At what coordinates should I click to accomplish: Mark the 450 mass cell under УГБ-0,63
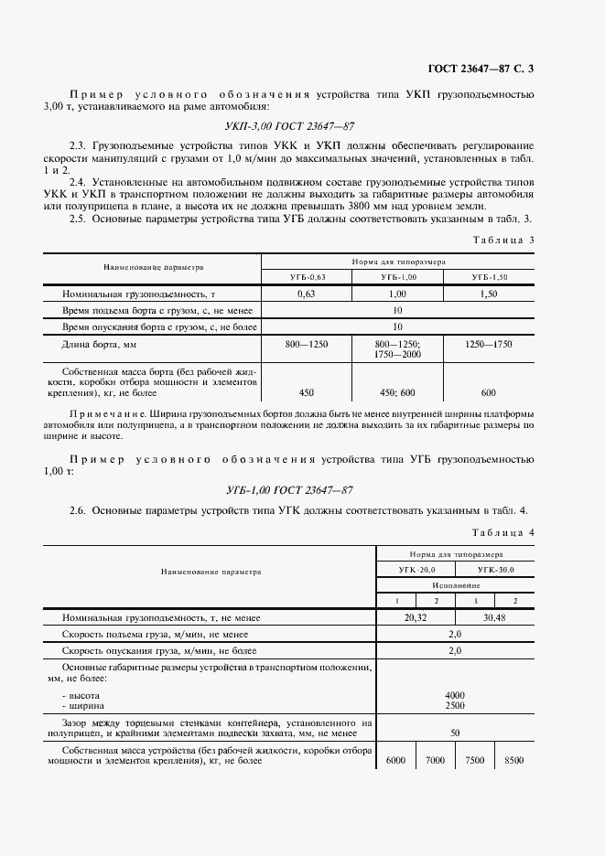click(307, 392)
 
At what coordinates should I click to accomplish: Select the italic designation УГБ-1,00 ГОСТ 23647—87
click(289, 490)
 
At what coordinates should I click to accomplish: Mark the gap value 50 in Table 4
click(455, 733)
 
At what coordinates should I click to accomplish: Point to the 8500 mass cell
click(514, 761)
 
